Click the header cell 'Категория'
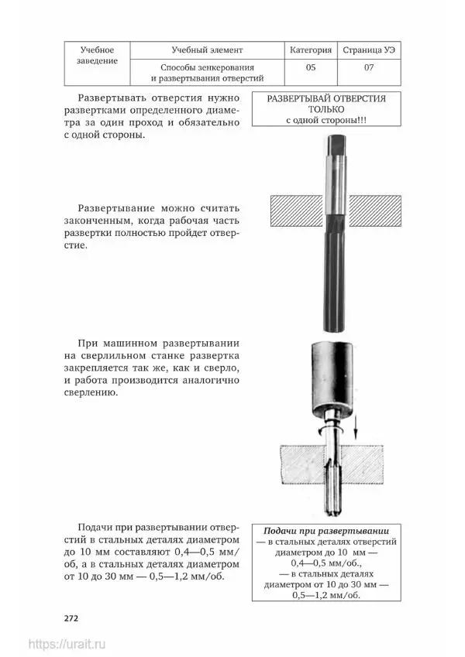point(311,50)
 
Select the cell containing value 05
point(311,67)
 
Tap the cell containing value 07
point(368,67)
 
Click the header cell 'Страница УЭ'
point(368,50)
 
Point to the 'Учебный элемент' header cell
point(208,50)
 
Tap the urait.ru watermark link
point(67,644)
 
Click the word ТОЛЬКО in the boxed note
point(325,110)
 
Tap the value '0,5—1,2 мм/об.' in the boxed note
point(326,596)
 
